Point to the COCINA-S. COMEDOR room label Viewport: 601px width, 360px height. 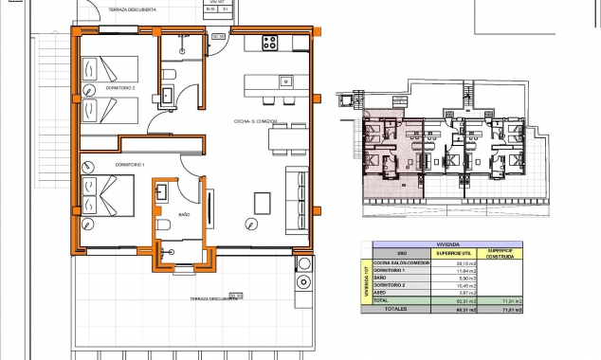[x=255, y=122]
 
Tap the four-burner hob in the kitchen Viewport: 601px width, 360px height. [x=270, y=43]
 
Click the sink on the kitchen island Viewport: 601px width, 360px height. [x=284, y=81]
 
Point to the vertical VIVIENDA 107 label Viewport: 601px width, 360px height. [x=368, y=280]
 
